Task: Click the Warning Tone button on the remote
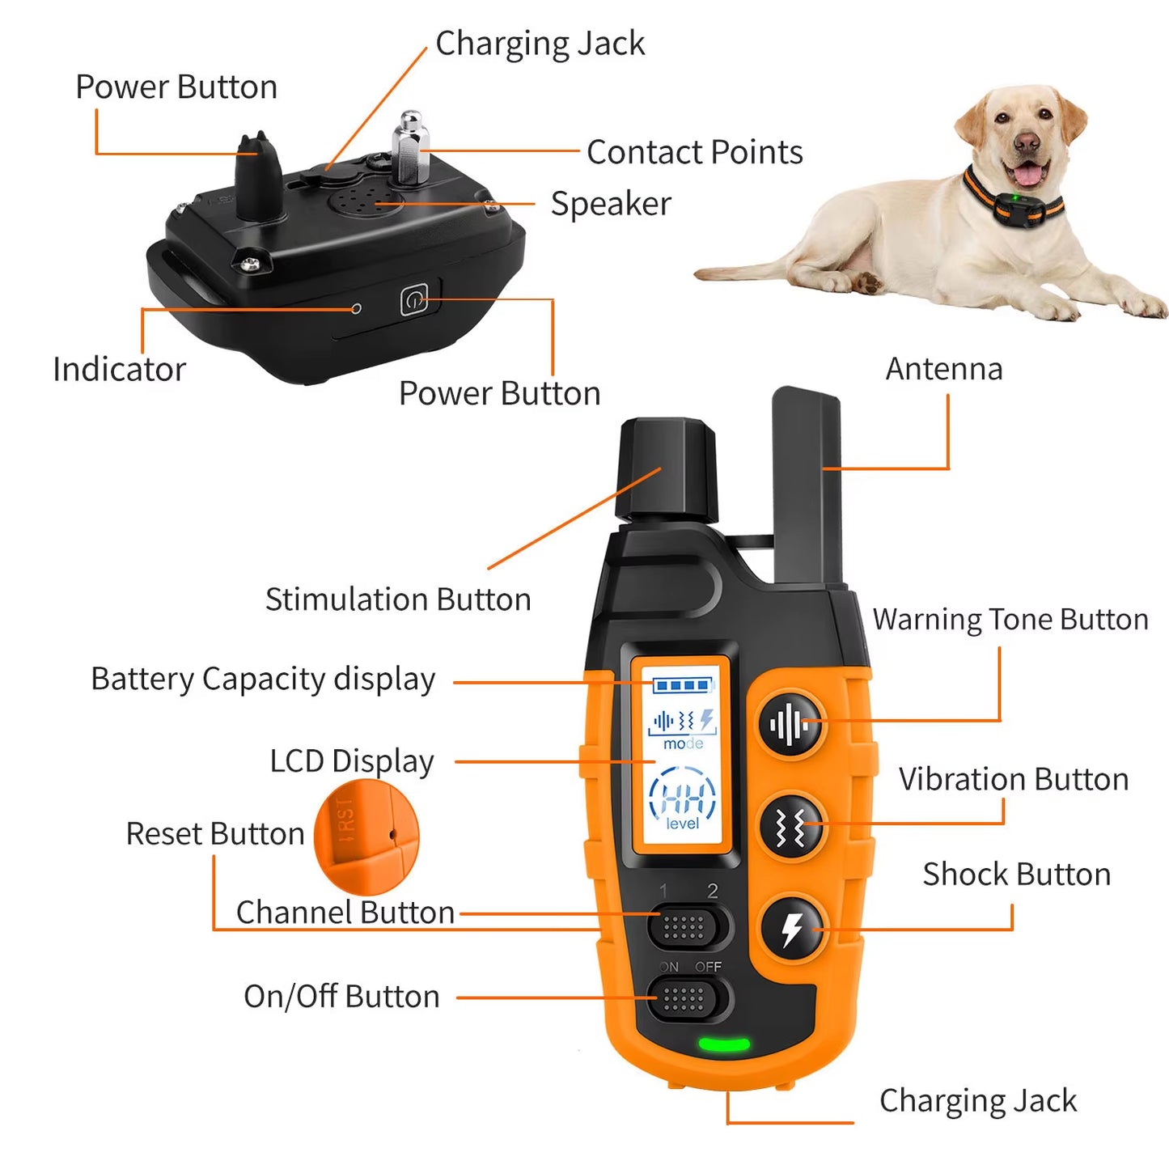point(790,723)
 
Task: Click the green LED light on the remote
point(723,1044)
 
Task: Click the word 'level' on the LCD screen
point(682,824)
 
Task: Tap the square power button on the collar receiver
point(414,301)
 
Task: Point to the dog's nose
point(1027,145)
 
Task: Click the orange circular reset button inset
point(366,837)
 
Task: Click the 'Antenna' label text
point(943,369)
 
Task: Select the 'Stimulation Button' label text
point(398,599)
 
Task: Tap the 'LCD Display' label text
point(351,761)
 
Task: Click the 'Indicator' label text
point(119,370)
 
